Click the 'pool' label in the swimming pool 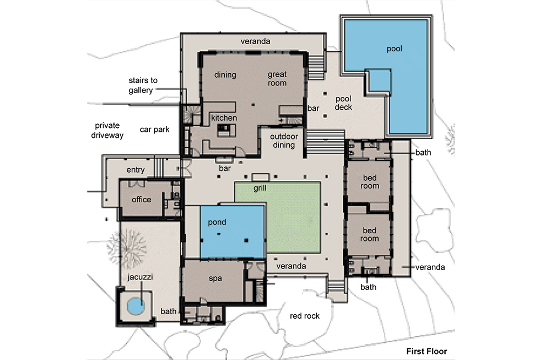[395, 49]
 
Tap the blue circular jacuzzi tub [136, 306]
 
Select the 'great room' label [277, 78]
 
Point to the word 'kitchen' [224, 118]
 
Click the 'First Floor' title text [426, 351]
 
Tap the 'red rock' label [305, 315]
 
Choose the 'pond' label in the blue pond [217, 222]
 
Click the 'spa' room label [215, 278]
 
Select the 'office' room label [141, 200]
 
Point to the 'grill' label [260, 188]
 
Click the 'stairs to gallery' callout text [143, 85]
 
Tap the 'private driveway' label [107, 130]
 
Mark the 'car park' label [155, 130]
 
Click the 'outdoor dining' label [284, 141]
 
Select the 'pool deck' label [343, 103]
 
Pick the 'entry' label [136, 170]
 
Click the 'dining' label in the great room [225, 75]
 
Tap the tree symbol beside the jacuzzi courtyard [126, 246]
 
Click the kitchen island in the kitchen [226, 130]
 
